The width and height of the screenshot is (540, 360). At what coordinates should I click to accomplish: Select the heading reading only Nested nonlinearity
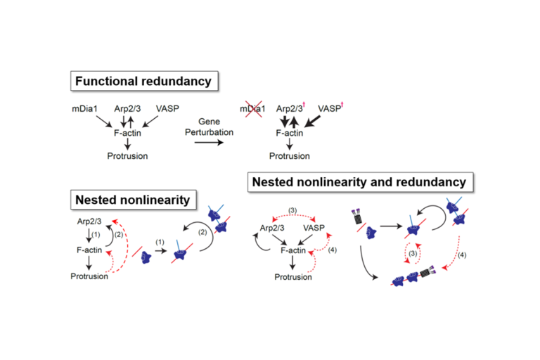pyautogui.click(x=132, y=200)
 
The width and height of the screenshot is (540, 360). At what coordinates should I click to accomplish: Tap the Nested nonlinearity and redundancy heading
pyautogui.click(x=361, y=182)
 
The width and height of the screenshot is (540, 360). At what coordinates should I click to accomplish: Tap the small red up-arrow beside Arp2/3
pyautogui.click(x=303, y=106)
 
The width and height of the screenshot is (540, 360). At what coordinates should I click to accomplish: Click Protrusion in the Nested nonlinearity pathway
pyautogui.click(x=88, y=276)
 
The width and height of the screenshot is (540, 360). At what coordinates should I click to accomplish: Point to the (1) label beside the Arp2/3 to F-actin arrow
pyautogui.click(x=96, y=235)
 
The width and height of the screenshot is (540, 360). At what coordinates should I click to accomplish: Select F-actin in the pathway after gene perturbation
pyautogui.click(x=288, y=131)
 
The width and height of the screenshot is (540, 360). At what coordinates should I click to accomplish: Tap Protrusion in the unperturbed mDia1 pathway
pyautogui.click(x=127, y=155)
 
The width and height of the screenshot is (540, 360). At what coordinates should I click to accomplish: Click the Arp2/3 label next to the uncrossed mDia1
pyautogui.click(x=129, y=109)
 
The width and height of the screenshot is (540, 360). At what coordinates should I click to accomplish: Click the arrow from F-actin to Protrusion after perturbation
pyautogui.click(x=288, y=143)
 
